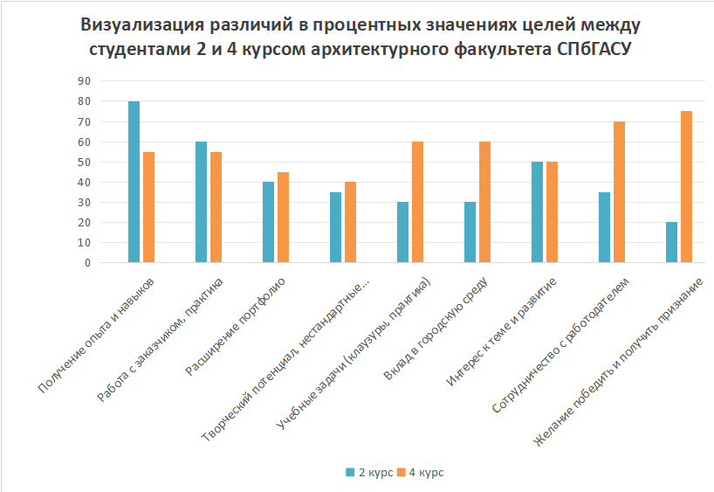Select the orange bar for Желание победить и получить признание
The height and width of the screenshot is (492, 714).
pyautogui.click(x=686, y=187)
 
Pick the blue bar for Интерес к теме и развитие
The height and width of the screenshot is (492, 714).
pyautogui.click(x=537, y=212)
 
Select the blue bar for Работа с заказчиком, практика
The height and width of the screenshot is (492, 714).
pyautogui.click(x=201, y=202)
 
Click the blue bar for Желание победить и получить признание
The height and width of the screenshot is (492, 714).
pyautogui.click(x=671, y=242)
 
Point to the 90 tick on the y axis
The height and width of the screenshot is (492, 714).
pyautogui.click(x=85, y=80)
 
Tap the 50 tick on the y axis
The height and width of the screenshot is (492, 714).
pyautogui.click(x=85, y=162)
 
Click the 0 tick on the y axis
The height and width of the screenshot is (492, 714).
pyautogui.click(x=87, y=262)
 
